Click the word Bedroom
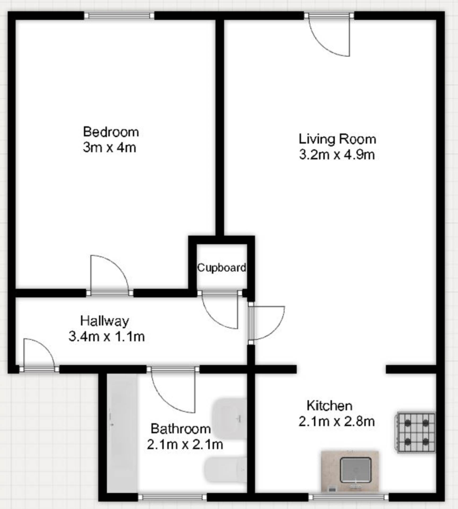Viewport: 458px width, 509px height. tap(111, 132)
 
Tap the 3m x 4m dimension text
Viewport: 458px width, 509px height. tap(109, 147)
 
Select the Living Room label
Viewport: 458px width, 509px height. tap(337, 139)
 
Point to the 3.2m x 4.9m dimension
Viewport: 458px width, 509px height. tap(337, 155)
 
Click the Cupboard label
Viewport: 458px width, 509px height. tap(221, 267)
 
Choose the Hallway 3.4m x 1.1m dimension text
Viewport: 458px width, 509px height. tap(107, 336)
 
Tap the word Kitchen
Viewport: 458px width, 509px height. tap(329, 406)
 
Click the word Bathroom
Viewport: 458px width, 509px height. tap(181, 429)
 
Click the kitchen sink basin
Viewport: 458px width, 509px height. tap(355, 470)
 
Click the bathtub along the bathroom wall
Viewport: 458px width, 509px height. tap(122, 435)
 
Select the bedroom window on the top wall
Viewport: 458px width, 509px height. tap(119, 16)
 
